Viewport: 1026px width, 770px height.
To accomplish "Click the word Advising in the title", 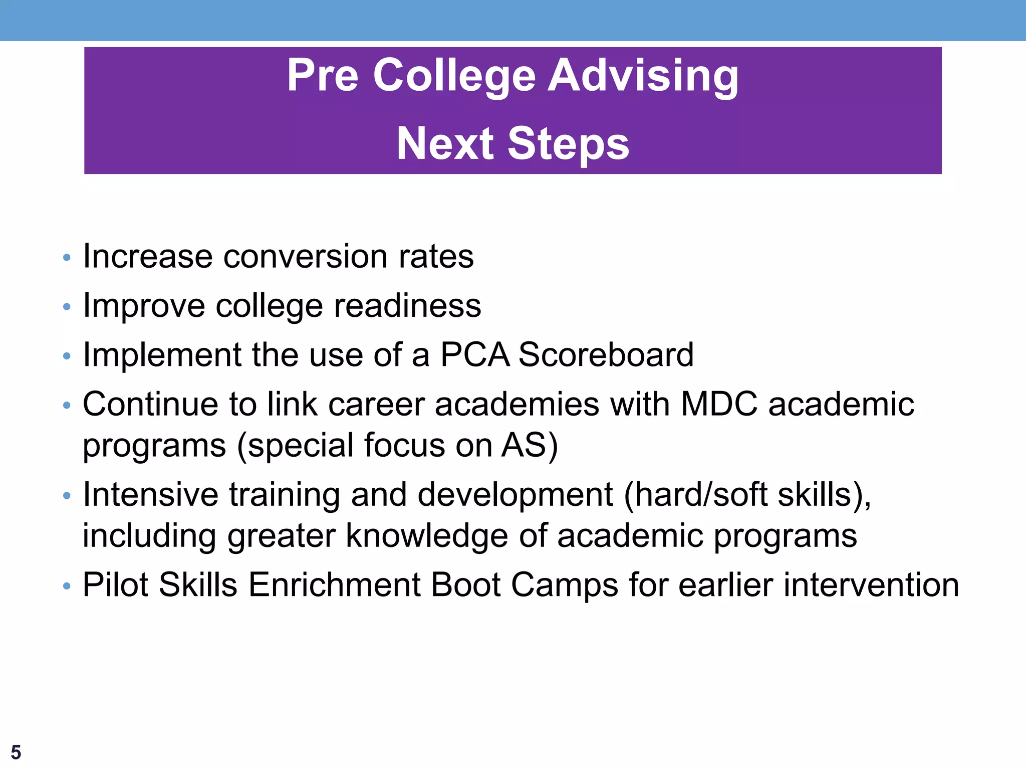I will point(643,76).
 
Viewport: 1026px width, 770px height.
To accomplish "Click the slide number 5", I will point(16,752).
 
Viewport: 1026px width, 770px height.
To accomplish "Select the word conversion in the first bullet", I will point(305,257).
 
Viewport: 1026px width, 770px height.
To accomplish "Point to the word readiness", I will point(407,306).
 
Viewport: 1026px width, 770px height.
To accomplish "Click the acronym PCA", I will point(474,355).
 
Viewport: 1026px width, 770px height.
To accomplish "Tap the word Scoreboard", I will point(606,355).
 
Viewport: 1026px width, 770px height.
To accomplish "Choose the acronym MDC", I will point(719,404).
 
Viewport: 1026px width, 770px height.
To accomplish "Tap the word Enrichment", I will point(334,585).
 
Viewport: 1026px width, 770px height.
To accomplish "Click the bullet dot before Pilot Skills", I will point(67,587).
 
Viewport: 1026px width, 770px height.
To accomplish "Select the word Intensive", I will point(150,495).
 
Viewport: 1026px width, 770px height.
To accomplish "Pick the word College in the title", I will point(454,76).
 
